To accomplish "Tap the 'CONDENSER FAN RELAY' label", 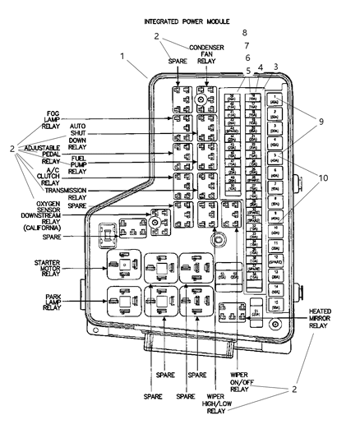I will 206,55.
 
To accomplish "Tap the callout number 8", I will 244,33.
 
